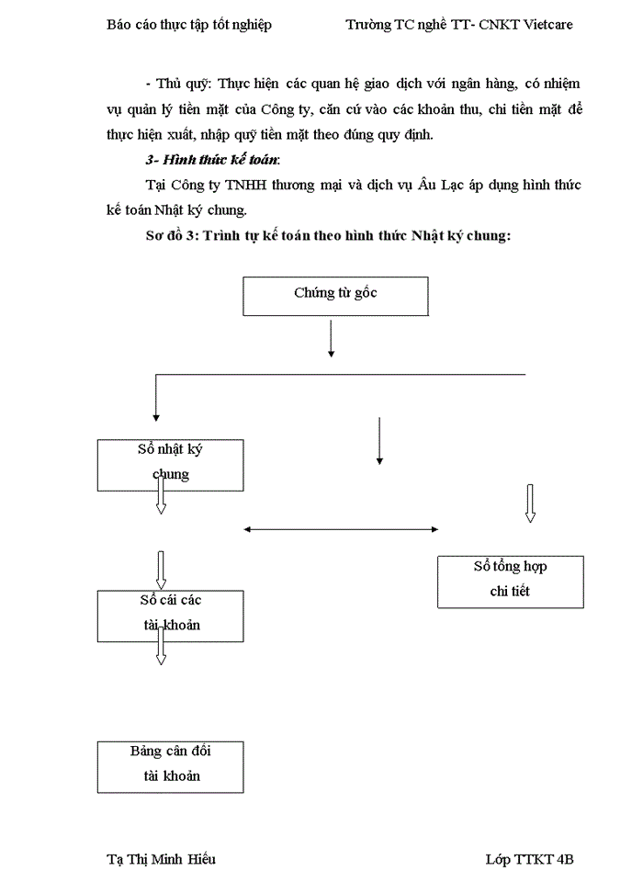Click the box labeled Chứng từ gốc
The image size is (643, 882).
335,296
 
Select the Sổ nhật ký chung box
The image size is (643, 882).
170,464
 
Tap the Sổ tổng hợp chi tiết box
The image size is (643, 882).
510,581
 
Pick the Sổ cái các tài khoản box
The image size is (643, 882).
170,615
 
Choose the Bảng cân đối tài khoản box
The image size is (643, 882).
170,766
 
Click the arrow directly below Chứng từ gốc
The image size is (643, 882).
331,340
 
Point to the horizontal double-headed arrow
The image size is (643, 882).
340,528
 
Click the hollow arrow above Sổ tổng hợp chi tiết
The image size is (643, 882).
530,503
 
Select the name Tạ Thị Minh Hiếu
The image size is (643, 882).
162,859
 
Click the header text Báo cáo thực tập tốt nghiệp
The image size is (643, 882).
189,25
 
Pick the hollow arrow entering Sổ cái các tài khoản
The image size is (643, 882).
162,570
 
